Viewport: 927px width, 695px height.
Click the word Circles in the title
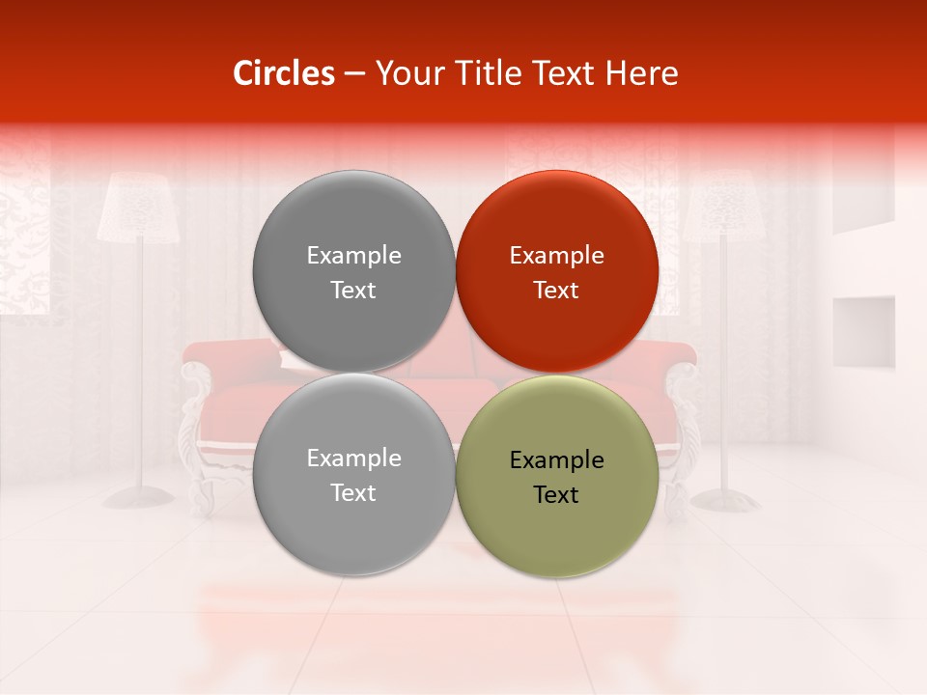pos(284,73)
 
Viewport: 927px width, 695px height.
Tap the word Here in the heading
pos(641,73)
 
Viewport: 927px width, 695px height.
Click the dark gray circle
pos(353,271)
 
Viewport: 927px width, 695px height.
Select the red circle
pos(556,271)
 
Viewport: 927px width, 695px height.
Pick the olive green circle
pos(556,476)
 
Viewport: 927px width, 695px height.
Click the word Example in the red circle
pos(556,256)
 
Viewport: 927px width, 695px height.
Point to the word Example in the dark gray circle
pos(353,256)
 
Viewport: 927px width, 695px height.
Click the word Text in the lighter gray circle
pos(353,493)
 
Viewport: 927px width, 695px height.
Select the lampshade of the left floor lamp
pos(137,208)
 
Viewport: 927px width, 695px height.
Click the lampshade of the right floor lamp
pos(724,208)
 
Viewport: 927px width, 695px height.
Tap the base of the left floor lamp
pos(138,497)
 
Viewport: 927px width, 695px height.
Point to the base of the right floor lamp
pos(725,500)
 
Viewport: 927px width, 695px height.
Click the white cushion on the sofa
pos(293,359)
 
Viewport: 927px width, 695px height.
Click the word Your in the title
pos(407,73)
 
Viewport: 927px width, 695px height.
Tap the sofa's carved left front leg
pos(202,487)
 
